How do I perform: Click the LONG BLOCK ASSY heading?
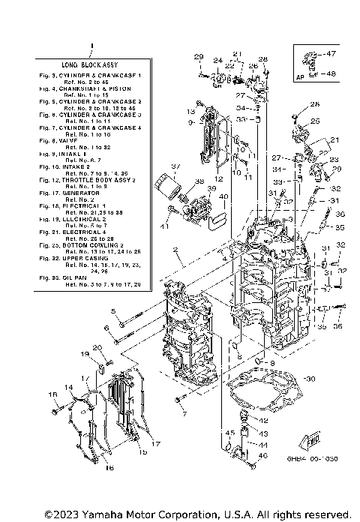[91, 66]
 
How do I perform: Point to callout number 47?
[332, 54]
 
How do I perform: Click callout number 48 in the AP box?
[332, 73]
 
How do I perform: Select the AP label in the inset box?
[300, 76]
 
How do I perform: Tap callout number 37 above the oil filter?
[175, 166]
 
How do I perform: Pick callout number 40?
[224, 197]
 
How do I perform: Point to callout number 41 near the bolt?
[164, 226]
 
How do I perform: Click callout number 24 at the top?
[217, 61]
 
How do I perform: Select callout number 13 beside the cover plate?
[190, 111]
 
